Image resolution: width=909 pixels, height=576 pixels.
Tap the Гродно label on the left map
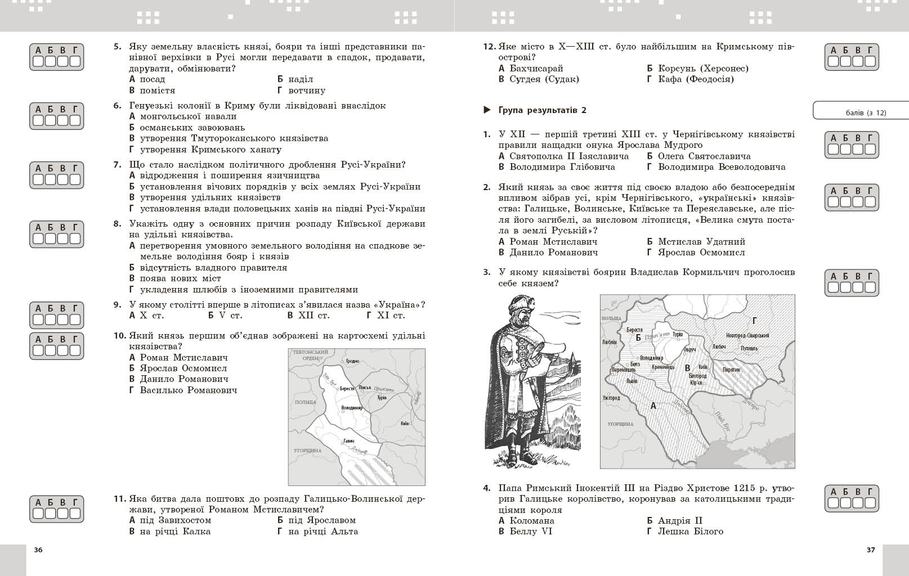352,361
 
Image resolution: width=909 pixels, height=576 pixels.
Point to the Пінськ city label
365,388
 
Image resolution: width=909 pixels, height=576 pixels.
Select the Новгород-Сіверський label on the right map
747,336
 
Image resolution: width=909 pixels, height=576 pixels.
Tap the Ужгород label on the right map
611,398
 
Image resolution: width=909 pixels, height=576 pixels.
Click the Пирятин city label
731,370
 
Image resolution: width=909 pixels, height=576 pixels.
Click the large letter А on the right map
653,405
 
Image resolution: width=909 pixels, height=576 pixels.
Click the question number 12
489,47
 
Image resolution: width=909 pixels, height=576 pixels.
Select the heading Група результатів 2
542,110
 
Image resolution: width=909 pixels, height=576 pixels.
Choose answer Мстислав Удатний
701,242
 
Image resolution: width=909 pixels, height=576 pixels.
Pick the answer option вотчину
306,91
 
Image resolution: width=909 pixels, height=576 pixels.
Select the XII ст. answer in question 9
314,316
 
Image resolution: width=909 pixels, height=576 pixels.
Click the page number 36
38,550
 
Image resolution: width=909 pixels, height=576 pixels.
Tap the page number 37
871,550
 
